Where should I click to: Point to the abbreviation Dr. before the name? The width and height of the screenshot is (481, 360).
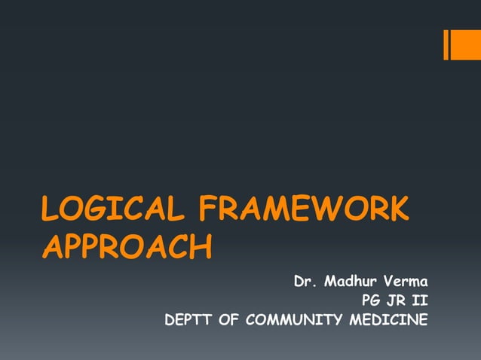pyautogui.click(x=305, y=283)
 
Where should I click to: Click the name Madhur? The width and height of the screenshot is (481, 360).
pyautogui.click(x=352, y=283)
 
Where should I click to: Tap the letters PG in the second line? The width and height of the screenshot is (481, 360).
pyautogui.click(x=373, y=302)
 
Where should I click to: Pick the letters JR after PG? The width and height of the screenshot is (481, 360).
pyautogui.click(x=401, y=302)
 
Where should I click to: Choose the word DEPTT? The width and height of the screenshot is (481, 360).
pyautogui.click(x=188, y=321)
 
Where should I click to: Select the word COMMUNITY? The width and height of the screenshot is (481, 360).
pyautogui.click(x=294, y=321)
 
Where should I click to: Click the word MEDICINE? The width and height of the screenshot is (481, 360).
pyautogui.click(x=390, y=321)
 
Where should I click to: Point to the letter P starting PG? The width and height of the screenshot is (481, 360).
pyautogui.click(x=367, y=302)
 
